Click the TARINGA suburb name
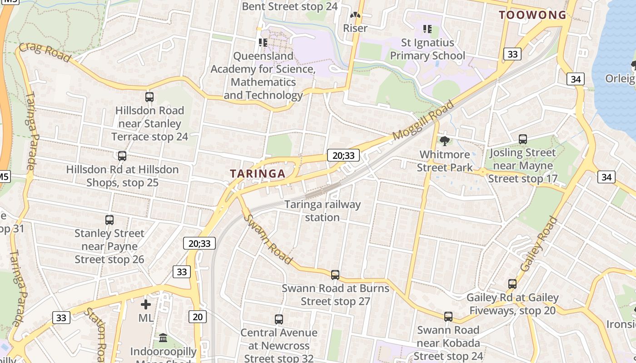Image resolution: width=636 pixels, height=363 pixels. [258, 173]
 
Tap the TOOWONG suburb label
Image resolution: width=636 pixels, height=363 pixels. [532, 15]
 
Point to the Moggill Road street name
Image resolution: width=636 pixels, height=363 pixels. [423, 120]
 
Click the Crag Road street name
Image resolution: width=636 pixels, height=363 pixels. [45, 53]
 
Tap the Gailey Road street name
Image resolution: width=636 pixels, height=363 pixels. [539, 244]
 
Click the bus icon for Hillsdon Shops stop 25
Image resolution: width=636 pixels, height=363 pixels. [122, 156]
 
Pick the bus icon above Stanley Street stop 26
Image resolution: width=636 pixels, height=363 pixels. [109, 220]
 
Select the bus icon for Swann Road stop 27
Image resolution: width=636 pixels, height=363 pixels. [335, 275]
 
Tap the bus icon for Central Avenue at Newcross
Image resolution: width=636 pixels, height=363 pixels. [279, 319]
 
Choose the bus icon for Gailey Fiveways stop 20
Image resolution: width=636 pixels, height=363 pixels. [512, 284]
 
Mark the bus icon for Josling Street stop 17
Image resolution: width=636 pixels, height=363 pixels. [523, 139]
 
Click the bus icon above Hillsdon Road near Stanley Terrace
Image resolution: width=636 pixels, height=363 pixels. [149, 97]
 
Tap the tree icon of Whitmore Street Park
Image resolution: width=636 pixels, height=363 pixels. [445, 141]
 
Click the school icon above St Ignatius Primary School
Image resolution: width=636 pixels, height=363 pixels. [427, 29]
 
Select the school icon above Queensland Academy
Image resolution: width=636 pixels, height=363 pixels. [263, 43]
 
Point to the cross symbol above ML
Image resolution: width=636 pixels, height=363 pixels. [146, 304]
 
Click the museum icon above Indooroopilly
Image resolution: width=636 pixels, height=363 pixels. [163, 338]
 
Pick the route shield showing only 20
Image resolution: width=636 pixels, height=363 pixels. [198, 317]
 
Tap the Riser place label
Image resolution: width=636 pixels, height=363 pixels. [355, 28]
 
